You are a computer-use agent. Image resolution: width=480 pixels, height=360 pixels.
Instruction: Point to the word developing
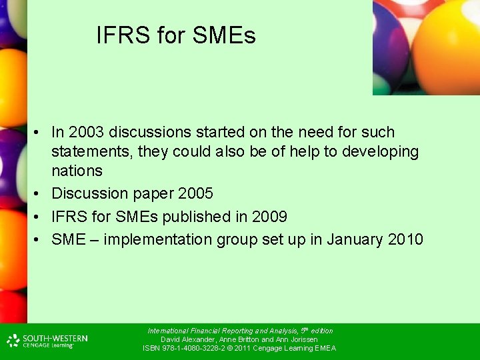tap(380, 152)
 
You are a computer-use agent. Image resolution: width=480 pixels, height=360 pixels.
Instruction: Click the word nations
tap(77, 171)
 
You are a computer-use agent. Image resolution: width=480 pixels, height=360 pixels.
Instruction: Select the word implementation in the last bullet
tap(155, 239)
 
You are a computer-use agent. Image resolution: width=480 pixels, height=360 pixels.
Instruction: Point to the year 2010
tap(405, 239)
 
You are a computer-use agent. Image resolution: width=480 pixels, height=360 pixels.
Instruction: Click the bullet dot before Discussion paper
tap(41, 194)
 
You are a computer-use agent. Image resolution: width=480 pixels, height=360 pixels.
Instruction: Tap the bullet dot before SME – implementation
tap(41, 239)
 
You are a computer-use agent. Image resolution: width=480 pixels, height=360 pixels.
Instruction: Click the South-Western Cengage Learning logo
tap(47, 341)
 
